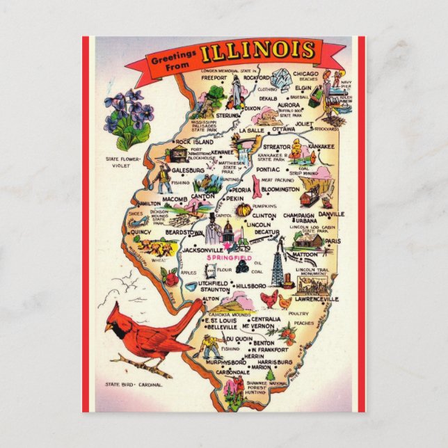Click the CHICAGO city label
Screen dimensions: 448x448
305,74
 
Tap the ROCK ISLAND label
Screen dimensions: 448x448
193,142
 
